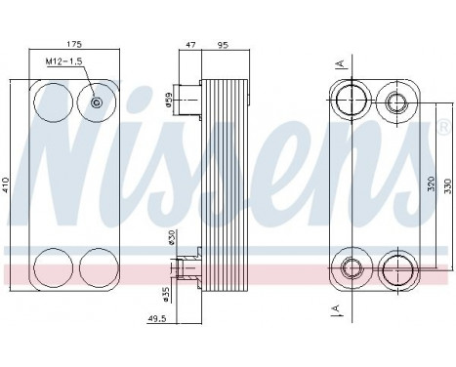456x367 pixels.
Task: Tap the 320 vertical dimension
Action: pyautogui.click(x=430, y=183)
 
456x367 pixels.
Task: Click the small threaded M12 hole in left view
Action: pyautogui.click(x=96, y=103)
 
